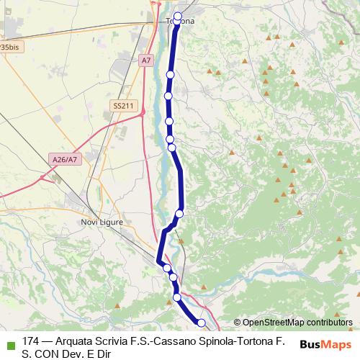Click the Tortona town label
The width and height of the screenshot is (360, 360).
[x=181, y=22]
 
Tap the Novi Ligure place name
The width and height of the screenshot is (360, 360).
[x=102, y=222]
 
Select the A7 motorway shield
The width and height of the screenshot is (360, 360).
[x=147, y=60]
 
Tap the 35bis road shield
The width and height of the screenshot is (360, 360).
[x=9, y=46]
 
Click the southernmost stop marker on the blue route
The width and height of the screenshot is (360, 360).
[x=202, y=323]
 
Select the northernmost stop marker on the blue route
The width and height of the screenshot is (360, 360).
[x=178, y=16]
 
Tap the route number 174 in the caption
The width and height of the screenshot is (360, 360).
[x=31, y=341]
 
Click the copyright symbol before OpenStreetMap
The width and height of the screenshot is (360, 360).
[x=237, y=323]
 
